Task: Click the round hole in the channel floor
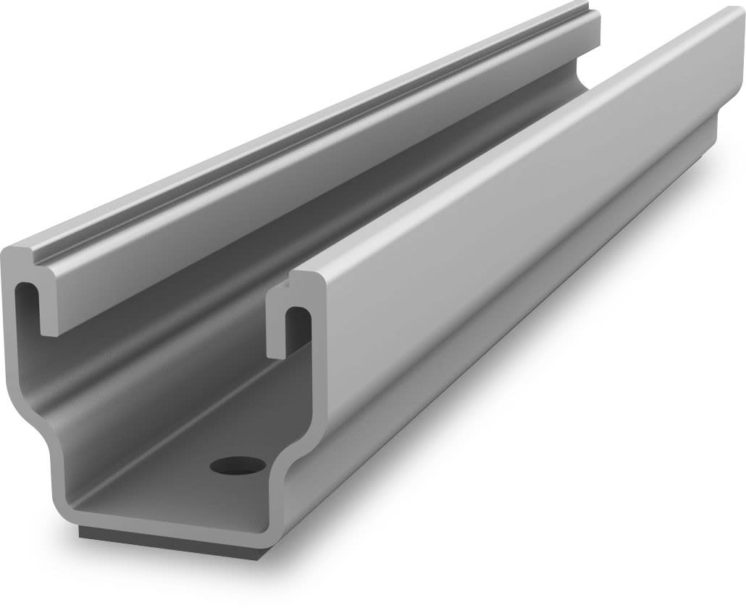point(238,465)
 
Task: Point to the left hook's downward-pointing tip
point(49,330)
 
